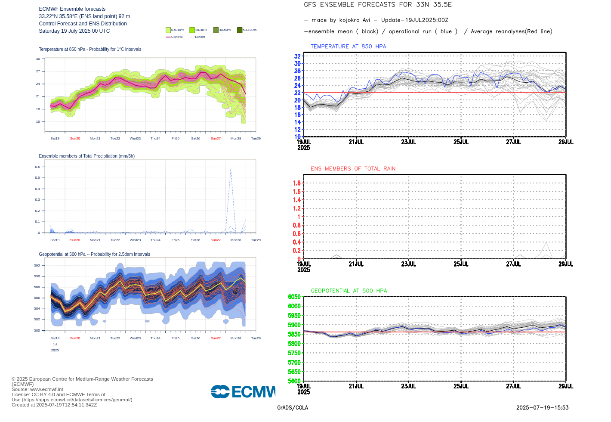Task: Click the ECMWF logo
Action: pyautogui.click(x=243, y=391)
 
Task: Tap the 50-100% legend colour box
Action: pyautogui.click(x=240, y=30)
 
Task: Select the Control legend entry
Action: pyautogui.click(x=174, y=37)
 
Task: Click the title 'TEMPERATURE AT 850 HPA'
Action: pyautogui.click(x=348, y=47)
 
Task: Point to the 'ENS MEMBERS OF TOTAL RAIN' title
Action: pyautogui.click(x=353, y=169)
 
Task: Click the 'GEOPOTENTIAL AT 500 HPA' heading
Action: pyautogui.click(x=349, y=291)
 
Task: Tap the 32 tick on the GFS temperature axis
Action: pyautogui.click(x=297, y=56)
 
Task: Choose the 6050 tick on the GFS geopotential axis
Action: pyautogui.click(x=294, y=297)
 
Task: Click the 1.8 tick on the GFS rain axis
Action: pyautogui.click(x=296, y=183)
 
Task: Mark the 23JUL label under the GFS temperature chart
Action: pyautogui.click(x=408, y=142)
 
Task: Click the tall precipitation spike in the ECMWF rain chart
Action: pyautogui.click(x=231, y=170)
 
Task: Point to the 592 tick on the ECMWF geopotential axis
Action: pyautogui.click(x=37, y=266)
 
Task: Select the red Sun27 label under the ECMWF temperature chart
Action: pyautogui.click(x=216, y=139)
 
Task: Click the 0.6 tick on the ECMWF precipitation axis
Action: pyautogui.click(x=37, y=167)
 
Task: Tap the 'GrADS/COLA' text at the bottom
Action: pyautogui.click(x=293, y=408)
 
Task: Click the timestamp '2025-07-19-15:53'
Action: pyautogui.click(x=542, y=408)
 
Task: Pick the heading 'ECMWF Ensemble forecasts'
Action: pyautogui.click(x=72, y=9)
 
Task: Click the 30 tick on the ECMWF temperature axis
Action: pyautogui.click(x=38, y=59)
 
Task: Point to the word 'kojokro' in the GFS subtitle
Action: pyautogui.click(x=349, y=20)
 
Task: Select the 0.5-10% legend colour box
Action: pyautogui.click(x=168, y=30)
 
